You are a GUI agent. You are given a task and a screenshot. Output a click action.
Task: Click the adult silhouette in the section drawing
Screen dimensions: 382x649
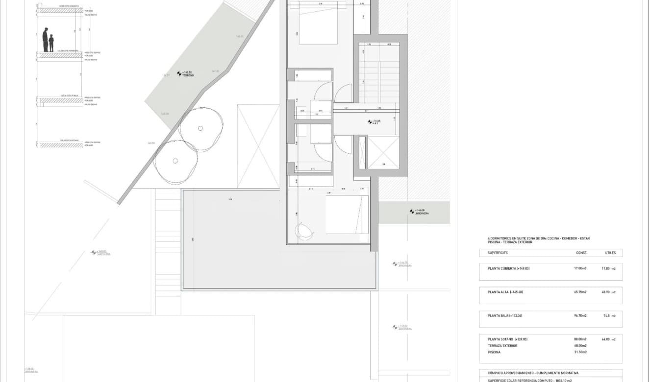pyautogui.click(x=46, y=40)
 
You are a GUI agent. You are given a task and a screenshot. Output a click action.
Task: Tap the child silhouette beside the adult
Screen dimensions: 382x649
pyautogui.click(x=51, y=43)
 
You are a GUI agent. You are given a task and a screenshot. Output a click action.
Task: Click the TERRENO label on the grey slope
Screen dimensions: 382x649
pyautogui.click(x=188, y=75)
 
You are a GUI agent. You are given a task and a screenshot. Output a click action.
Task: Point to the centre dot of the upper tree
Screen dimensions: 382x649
pyautogui.click(x=200, y=128)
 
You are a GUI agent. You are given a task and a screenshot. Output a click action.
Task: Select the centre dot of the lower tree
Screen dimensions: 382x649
pyautogui.click(x=175, y=161)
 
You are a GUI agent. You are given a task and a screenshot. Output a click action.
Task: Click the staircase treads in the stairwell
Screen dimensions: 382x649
pyautogui.click(x=380, y=76)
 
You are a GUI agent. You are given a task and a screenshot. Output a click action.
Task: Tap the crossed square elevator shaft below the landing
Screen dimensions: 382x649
pyautogui.click(x=384, y=153)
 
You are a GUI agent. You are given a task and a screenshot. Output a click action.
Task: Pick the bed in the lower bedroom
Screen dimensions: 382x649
pyautogui.click(x=347, y=215)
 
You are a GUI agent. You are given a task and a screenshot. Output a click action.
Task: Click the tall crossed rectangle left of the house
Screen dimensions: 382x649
pyautogui.click(x=258, y=146)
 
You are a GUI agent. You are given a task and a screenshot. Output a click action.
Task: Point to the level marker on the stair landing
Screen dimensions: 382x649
pyautogui.click(x=371, y=121)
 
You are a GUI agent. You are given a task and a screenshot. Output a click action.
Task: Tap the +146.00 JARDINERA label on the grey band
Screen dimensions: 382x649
pyautogui.click(x=421, y=213)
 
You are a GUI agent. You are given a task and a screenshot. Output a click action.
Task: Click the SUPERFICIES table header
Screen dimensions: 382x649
pyautogui.click(x=498, y=253)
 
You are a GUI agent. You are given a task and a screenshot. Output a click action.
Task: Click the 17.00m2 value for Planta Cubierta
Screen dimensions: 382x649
pyautogui.click(x=580, y=268)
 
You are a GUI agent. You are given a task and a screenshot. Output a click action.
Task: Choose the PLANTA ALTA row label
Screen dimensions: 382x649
pyautogui.click(x=505, y=292)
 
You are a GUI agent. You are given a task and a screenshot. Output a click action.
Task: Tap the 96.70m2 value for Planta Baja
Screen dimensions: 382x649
pyautogui.click(x=580, y=316)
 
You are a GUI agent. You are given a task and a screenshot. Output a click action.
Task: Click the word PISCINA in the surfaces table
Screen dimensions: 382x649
pyautogui.click(x=495, y=352)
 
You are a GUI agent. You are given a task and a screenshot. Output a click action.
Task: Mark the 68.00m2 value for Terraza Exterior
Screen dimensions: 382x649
pyautogui.click(x=580, y=346)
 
